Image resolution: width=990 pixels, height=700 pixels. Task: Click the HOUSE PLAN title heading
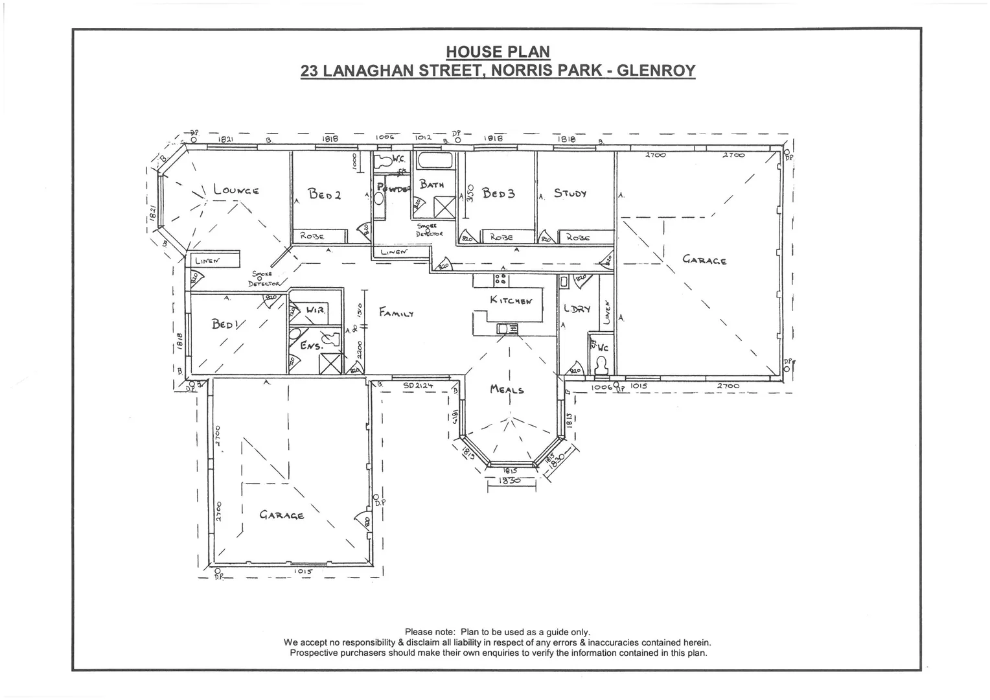click(x=498, y=52)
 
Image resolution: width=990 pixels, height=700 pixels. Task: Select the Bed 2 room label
click(x=324, y=193)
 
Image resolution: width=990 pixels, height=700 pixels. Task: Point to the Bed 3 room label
click(x=498, y=193)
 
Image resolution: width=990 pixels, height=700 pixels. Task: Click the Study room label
click(x=570, y=193)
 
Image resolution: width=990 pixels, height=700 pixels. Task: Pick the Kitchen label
click(x=511, y=300)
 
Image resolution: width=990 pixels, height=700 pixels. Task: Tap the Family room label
click(x=397, y=312)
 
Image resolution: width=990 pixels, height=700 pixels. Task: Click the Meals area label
click(x=507, y=390)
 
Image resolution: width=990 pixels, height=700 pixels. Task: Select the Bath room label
click(x=432, y=184)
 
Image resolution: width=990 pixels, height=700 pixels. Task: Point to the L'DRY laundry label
click(x=577, y=309)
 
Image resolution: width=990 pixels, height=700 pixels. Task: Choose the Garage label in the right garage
click(x=704, y=260)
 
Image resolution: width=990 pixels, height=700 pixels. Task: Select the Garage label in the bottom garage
click(x=282, y=515)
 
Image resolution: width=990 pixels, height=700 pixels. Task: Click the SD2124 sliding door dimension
click(x=418, y=386)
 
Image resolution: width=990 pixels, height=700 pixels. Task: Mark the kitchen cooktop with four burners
click(x=500, y=279)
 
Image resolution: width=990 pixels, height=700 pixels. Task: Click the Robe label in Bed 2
click(x=312, y=237)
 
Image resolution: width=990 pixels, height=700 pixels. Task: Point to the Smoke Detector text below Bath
click(x=430, y=229)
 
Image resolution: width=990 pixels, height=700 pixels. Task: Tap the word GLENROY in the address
click(x=656, y=70)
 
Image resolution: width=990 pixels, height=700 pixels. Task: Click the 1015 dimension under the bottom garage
click(x=303, y=572)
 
